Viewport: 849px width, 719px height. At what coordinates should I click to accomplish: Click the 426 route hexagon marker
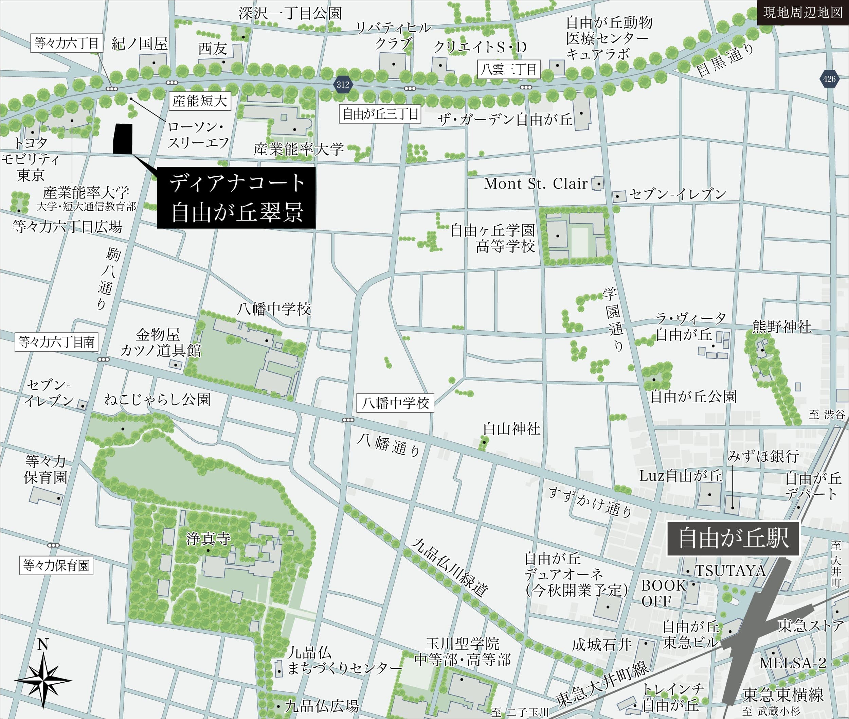tap(829, 79)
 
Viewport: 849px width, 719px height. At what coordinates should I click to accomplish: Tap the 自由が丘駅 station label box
tap(733, 539)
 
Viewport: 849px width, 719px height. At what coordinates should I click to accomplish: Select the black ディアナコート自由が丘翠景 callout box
tap(236, 198)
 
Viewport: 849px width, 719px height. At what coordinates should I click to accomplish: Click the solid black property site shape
tap(123, 139)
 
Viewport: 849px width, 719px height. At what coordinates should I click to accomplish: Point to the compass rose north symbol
tap(43, 680)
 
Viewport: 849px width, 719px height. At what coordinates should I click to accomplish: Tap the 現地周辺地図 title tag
tap(802, 13)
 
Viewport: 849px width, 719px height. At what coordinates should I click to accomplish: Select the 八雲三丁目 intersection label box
tap(509, 69)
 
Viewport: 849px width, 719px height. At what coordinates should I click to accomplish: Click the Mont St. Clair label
tap(535, 184)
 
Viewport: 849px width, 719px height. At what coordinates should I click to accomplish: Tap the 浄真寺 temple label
tap(208, 539)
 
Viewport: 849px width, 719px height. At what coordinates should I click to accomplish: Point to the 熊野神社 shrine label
tap(781, 327)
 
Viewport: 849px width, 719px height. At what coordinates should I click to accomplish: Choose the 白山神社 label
tap(511, 429)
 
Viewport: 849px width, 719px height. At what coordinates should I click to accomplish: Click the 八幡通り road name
tap(388, 445)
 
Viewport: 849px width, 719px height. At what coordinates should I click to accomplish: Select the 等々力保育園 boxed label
tap(56, 566)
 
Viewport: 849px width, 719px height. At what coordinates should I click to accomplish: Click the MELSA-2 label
tap(792, 663)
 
